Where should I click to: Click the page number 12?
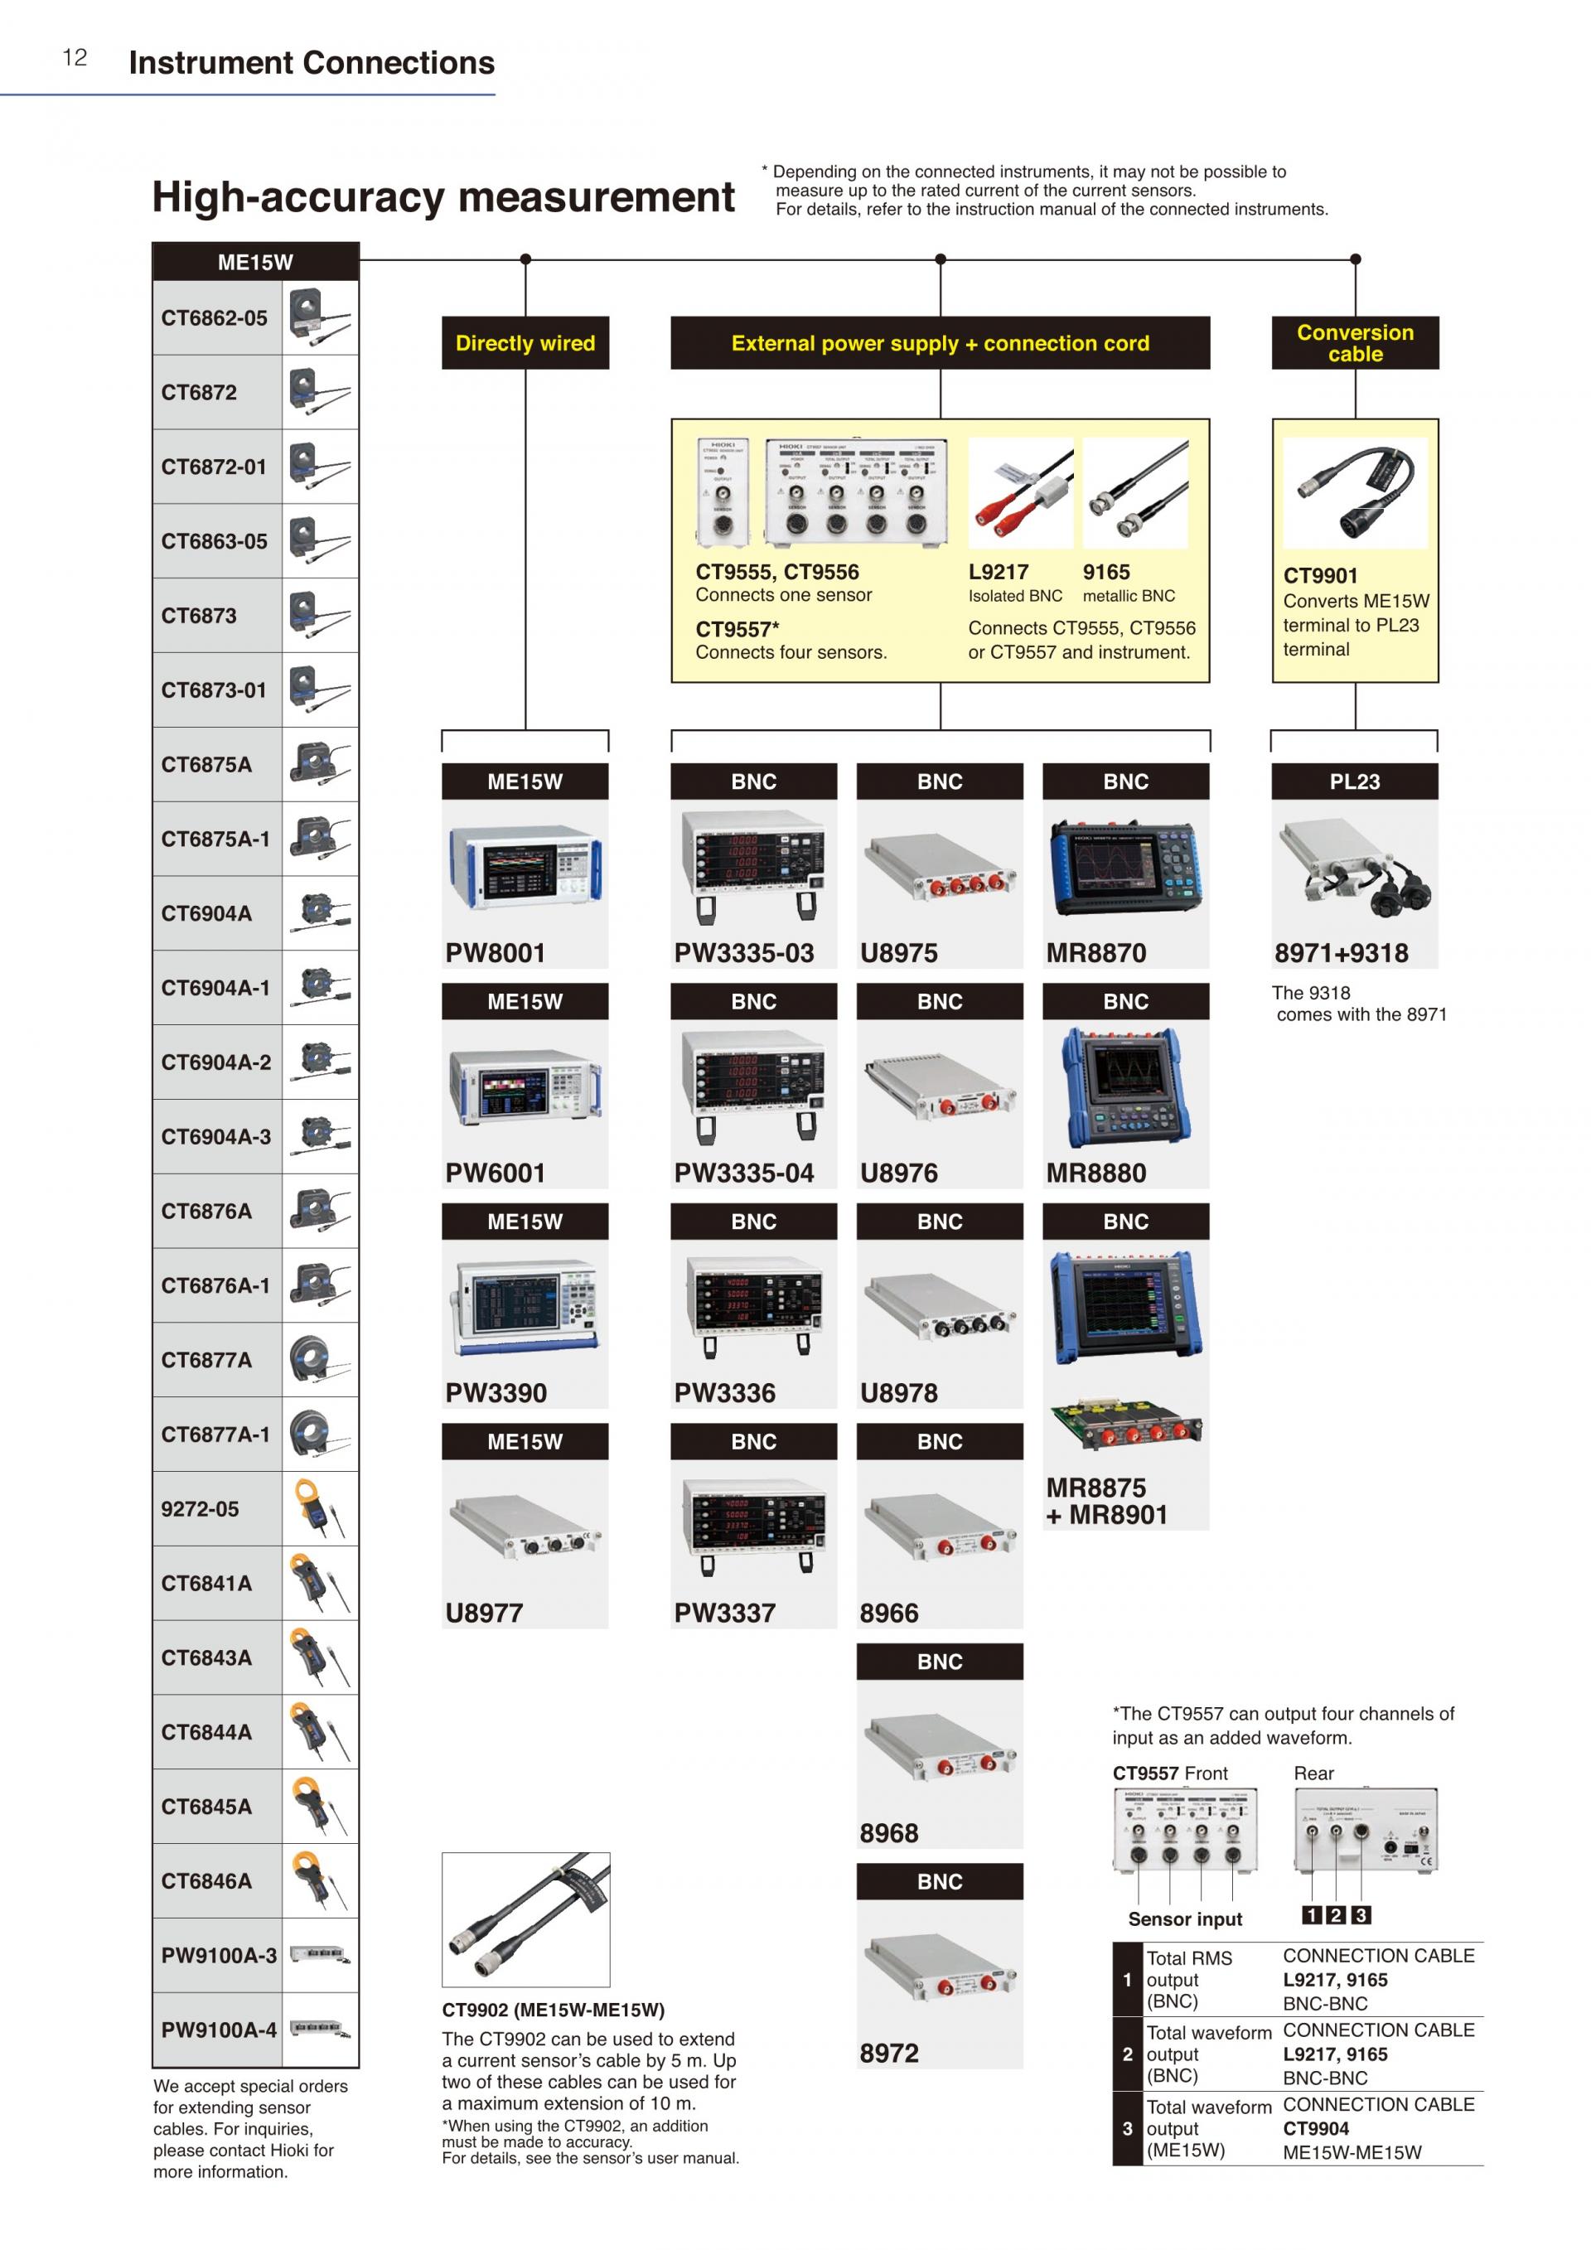click(x=75, y=58)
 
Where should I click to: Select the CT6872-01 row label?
click(x=214, y=467)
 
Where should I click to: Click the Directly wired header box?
click(x=525, y=343)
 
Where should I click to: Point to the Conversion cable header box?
click(x=1355, y=343)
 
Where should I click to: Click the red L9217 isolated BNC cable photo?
click(x=1020, y=493)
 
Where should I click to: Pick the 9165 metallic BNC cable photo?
click(x=1134, y=493)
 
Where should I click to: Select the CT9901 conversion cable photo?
click(x=1355, y=493)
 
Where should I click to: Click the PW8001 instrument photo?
click(x=525, y=866)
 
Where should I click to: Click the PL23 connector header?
click(x=1355, y=782)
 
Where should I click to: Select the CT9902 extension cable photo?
click(x=526, y=1919)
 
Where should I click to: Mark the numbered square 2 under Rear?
click(x=1335, y=1915)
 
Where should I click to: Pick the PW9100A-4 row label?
click(x=219, y=2030)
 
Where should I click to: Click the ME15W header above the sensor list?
click(x=256, y=263)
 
